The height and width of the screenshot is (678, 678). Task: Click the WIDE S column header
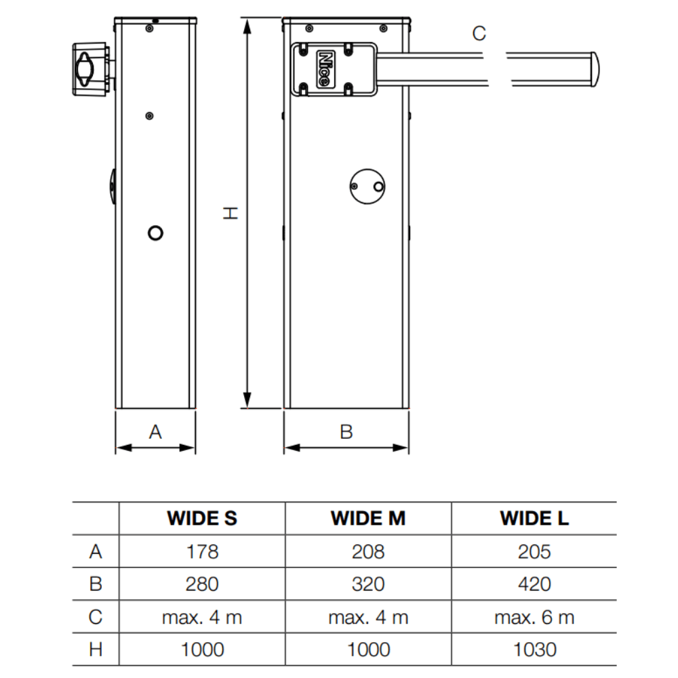[202, 518]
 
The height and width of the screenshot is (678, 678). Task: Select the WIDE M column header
[368, 518]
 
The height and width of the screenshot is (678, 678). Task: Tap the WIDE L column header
[534, 518]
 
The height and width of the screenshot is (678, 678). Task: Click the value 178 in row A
[202, 551]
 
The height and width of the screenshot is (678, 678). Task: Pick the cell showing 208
[368, 551]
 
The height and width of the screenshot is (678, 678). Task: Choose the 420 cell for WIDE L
[534, 584]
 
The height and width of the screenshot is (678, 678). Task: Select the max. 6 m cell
[534, 617]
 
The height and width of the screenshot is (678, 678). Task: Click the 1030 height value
[534, 650]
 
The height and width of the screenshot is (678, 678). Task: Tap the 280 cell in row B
[202, 584]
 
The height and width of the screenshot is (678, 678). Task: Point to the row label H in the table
[96, 650]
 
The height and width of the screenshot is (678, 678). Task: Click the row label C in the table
[96, 617]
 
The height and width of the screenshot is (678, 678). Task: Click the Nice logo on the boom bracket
[325, 69]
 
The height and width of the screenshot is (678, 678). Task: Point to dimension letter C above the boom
[479, 33]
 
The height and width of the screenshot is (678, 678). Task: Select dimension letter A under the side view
[156, 432]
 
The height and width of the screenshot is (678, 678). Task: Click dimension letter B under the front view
[346, 432]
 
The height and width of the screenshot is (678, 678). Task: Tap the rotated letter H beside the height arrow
[230, 213]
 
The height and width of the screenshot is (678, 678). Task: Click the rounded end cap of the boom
[595, 69]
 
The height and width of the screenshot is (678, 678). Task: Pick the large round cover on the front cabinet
[367, 186]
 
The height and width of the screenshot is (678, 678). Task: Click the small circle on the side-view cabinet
[155, 233]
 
